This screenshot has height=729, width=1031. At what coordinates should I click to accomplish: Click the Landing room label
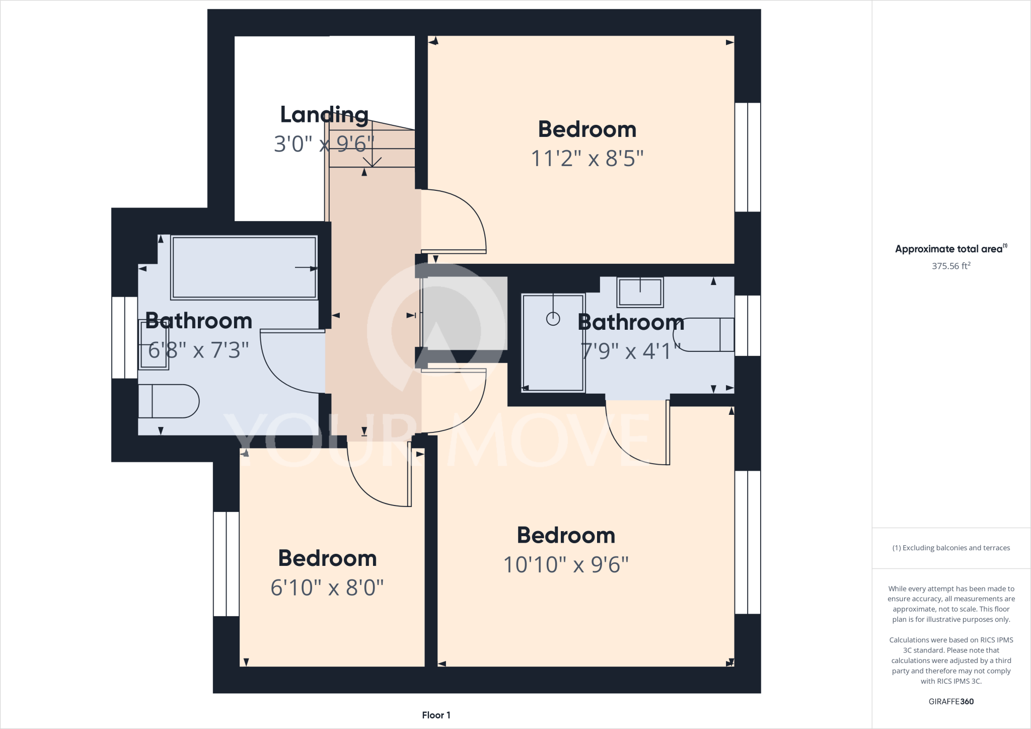tap(324, 115)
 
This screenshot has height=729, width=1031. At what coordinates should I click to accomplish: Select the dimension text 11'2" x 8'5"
tap(587, 159)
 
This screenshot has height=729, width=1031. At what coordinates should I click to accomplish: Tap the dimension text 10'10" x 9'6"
tap(566, 565)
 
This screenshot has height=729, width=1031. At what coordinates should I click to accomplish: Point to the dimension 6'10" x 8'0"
tap(327, 588)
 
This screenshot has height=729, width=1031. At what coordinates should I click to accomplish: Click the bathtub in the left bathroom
tap(244, 267)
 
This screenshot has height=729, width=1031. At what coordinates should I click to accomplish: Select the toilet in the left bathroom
tap(169, 401)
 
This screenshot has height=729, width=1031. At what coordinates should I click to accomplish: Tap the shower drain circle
tap(553, 319)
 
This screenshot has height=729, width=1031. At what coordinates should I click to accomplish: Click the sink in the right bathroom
tap(640, 291)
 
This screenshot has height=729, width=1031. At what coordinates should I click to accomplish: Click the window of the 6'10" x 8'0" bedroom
tap(226, 564)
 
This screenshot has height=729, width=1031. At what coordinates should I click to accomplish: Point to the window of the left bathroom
tap(124, 337)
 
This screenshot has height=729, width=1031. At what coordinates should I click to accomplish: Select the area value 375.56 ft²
tap(950, 266)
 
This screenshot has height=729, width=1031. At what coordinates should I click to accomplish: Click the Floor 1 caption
tap(436, 715)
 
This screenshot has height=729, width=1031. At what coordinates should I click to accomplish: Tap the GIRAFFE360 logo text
tap(950, 701)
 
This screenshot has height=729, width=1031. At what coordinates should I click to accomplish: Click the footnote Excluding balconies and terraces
tap(950, 548)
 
